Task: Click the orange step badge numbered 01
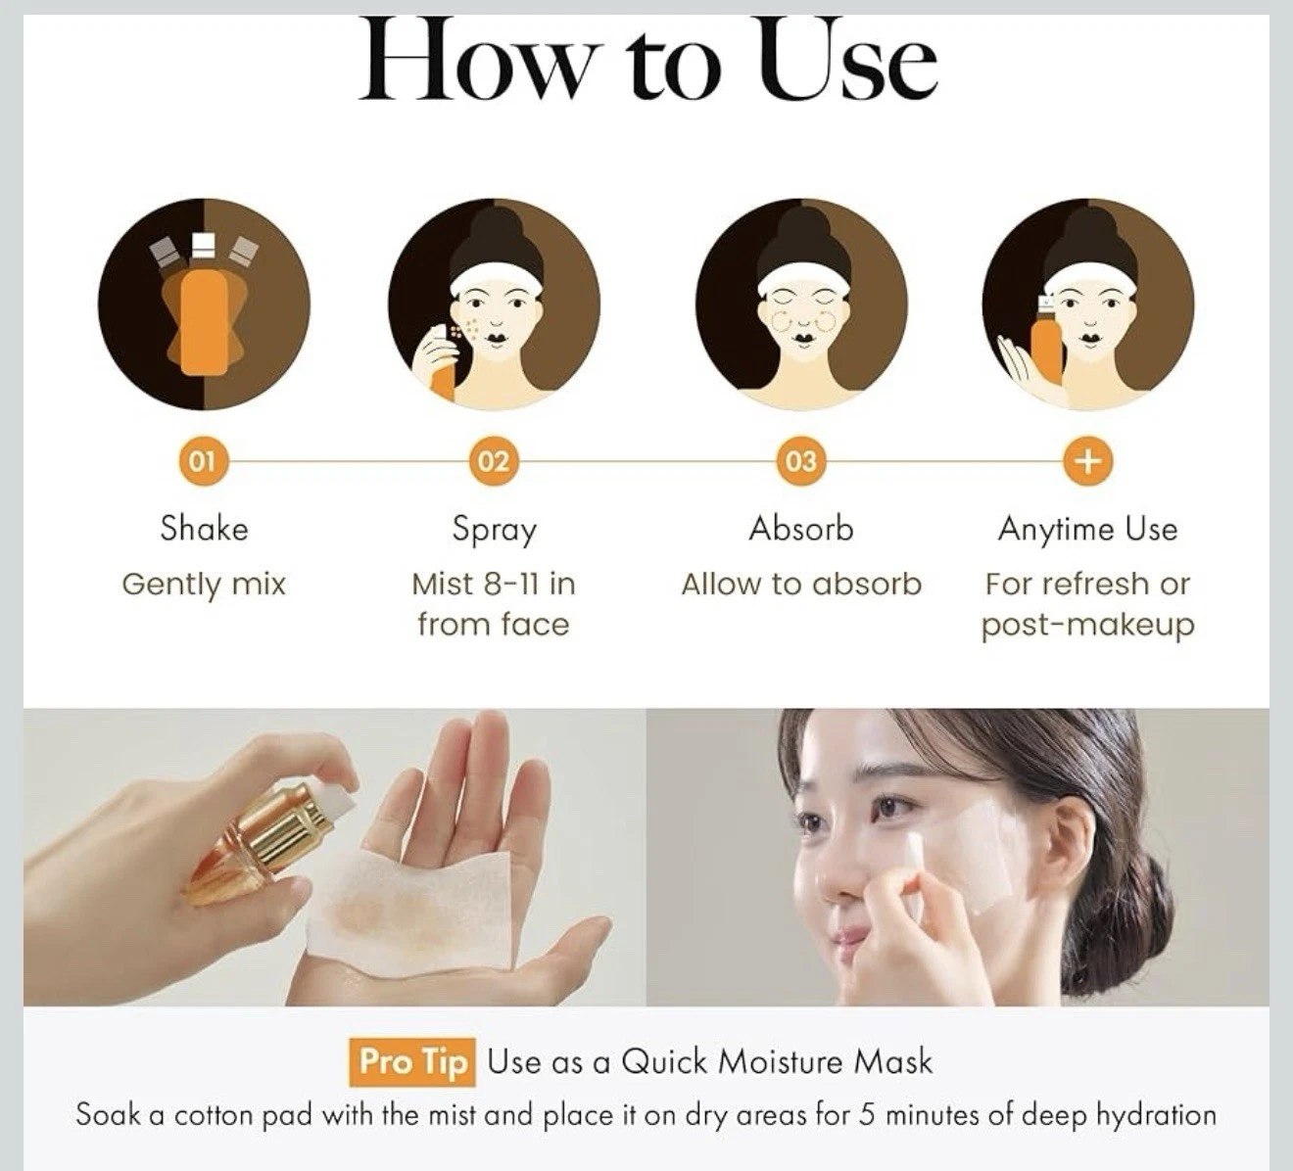203,461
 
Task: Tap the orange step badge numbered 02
493,461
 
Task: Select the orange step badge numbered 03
800,461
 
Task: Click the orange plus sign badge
1088,461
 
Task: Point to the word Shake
204,529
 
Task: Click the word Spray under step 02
494,531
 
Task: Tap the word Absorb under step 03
800,529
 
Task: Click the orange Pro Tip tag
411,1062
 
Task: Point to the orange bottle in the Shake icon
204,321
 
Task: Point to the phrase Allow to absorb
801,584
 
